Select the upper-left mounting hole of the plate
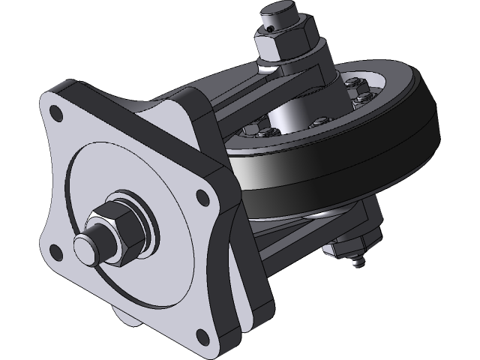coord(55,114)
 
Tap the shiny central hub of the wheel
coord(289,120)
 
